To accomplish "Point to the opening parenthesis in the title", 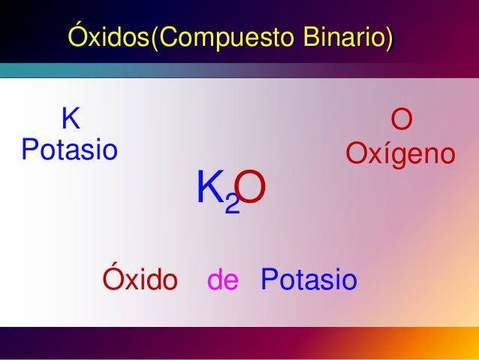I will click(155, 37).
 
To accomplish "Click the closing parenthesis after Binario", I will click(388, 37).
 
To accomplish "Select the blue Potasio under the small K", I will click(69, 150).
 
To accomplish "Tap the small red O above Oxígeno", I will click(401, 121).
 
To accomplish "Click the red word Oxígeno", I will click(400, 155).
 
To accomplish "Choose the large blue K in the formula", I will click(209, 188).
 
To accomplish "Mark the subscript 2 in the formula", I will click(233, 204).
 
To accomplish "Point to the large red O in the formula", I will click(254, 189).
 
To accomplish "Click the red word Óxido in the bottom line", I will click(140, 280).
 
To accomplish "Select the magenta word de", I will click(222, 280).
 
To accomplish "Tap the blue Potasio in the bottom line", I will click(309, 280).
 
